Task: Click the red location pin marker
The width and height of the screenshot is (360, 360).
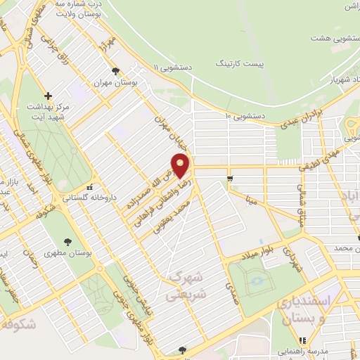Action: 181,167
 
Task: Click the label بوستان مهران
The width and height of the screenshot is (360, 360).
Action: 115,82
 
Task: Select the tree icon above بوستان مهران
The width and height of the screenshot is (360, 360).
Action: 115,71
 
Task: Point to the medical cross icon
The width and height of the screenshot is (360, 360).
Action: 48,96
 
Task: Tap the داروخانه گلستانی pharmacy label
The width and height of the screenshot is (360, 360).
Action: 89,198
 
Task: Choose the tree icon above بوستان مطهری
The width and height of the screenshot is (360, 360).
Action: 67,242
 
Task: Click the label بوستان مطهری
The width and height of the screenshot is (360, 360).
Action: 67,253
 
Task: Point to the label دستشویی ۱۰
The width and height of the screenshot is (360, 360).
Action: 245,115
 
